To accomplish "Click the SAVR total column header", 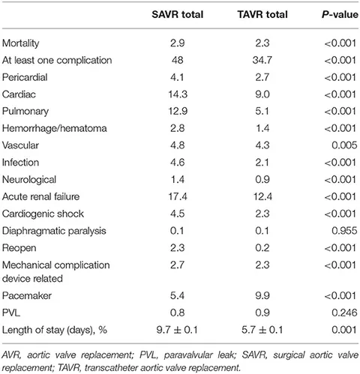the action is coord(178,14).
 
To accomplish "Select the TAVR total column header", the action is coord(262,14).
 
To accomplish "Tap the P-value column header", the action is coord(340,14).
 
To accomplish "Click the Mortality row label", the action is coord(21,43).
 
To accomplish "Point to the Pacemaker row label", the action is coord(27,296).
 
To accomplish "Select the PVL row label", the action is coord(11,313).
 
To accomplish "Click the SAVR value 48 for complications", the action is coord(178,60).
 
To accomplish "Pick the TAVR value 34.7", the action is coord(262,60).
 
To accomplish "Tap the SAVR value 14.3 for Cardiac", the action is coord(178,94).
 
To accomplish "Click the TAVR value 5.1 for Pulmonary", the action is coord(262,112).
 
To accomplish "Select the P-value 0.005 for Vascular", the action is coord(344,145).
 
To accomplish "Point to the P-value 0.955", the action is coord(344,231).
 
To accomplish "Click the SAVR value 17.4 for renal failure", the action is coord(178,196).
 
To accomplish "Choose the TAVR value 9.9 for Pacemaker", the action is coord(262,296).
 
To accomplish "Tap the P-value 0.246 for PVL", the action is coord(344,313).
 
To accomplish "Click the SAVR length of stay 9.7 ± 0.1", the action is coord(177,330).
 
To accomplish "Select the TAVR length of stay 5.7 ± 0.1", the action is coord(262,330).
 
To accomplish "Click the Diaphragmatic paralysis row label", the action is coord(54,231).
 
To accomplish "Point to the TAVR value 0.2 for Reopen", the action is coord(262,248).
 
